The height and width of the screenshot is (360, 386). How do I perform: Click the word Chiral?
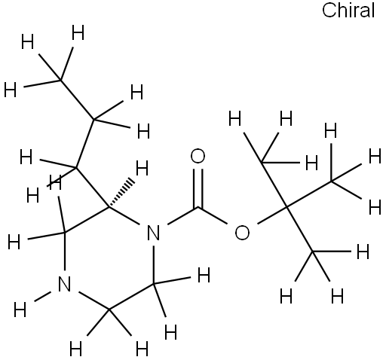coord(348,10)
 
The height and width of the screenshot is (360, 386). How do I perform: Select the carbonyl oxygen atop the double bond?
coord(198,156)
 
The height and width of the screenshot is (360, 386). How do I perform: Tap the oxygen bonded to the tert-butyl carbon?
coord(242,232)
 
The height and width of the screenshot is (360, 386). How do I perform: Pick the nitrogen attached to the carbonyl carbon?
coord(153,233)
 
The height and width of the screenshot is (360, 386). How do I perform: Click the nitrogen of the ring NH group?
coord(65,284)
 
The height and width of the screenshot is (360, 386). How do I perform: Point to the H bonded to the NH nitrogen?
coord(20,310)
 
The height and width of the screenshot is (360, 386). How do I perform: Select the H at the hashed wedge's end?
coord(142,168)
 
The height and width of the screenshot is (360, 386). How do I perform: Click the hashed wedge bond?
coord(121,193)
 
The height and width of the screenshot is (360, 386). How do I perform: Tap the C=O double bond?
coord(198,188)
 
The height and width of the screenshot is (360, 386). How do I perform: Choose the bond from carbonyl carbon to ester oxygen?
coord(213,215)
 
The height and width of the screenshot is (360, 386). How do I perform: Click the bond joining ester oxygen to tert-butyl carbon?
coord(272,215)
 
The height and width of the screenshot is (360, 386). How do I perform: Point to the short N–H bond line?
coord(43,296)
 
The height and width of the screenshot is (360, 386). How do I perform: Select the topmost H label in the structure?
coord(78,32)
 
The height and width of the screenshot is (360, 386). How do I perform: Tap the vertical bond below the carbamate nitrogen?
coord(154,264)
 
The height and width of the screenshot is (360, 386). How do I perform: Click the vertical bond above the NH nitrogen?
coord(65,252)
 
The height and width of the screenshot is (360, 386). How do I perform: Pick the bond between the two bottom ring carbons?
coord(131,297)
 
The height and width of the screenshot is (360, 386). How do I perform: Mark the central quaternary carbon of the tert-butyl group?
coord(287,207)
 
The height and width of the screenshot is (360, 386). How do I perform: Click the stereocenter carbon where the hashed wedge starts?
coord(109,207)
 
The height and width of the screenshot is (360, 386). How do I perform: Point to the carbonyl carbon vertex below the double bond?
coord(198,207)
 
